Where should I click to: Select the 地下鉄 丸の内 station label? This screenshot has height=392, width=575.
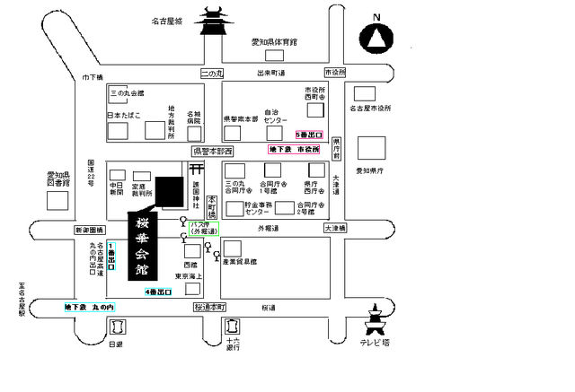point(88,308)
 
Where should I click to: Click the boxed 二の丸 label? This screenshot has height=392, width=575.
point(210,73)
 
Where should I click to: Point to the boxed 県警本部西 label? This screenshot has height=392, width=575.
point(212,152)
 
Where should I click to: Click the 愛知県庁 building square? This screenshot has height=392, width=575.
point(371,148)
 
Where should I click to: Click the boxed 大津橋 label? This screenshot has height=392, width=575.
point(332,229)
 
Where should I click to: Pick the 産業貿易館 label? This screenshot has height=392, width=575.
point(242,264)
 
